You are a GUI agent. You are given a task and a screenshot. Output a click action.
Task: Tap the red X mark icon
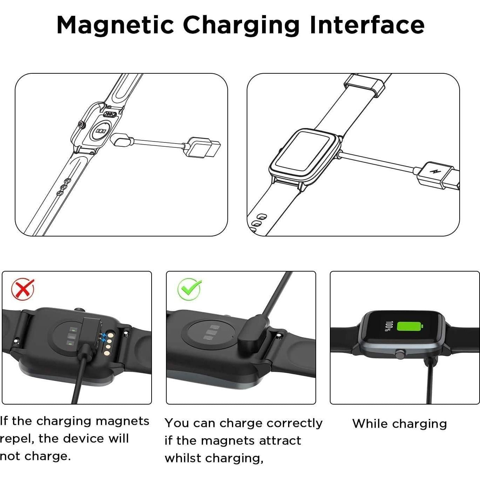pos(23,289)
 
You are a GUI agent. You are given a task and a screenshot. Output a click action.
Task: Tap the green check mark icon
pos(189,289)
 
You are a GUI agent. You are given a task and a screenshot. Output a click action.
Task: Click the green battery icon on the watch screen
pos(409,326)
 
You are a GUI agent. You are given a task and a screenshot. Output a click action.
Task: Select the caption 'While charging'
pos(400,424)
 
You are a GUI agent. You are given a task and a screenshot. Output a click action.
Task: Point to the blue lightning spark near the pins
pos(103,338)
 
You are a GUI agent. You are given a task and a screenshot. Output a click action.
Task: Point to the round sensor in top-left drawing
pos(101,131)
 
